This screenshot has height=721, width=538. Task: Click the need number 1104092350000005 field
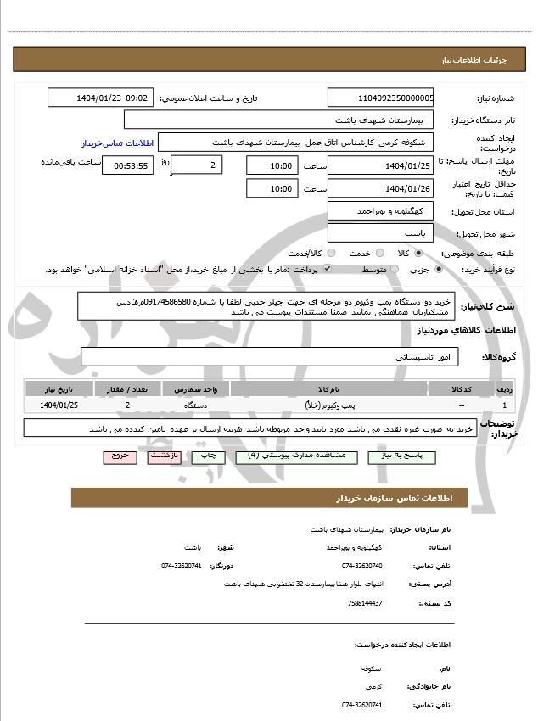380,98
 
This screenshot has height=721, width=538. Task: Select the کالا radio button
418,253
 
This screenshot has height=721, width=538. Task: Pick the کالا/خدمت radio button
331,253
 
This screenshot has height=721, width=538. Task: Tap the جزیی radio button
438,269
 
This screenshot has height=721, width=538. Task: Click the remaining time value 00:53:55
127,165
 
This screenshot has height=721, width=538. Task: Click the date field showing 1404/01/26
380,188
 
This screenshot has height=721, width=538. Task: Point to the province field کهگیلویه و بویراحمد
380,210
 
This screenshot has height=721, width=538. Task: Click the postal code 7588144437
365,603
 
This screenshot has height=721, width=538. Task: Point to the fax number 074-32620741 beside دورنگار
182,566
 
